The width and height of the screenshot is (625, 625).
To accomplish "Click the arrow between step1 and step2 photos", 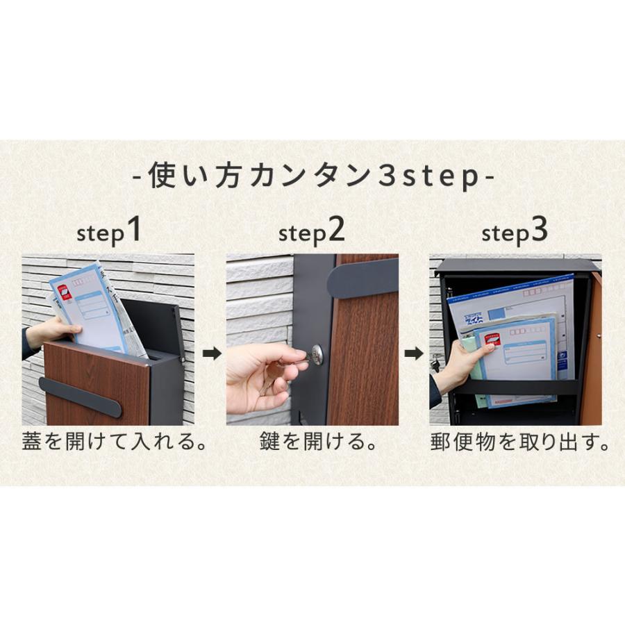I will [x=212, y=354].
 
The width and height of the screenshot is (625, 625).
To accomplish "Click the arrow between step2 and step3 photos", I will [x=414, y=354].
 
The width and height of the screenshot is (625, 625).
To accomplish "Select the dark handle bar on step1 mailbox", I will [x=80, y=397].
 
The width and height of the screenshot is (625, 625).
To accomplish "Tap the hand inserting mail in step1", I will [x=52, y=332].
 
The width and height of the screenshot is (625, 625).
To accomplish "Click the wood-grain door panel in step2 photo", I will [x=365, y=361].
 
